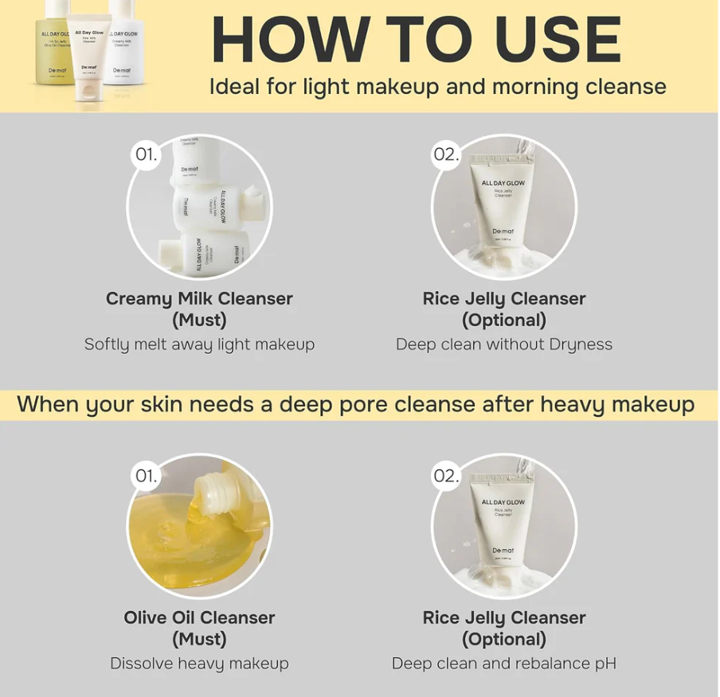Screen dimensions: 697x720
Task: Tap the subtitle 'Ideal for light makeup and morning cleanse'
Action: [x=437, y=86]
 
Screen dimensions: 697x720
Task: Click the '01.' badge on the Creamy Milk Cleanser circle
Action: [x=146, y=154]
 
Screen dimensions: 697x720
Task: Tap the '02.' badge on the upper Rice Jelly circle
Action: [x=447, y=154]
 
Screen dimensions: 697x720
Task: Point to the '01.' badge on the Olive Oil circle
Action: [x=146, y=476]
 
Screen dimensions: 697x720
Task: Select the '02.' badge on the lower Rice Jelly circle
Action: [x=447, y=476]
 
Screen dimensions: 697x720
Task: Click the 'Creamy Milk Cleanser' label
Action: [x=199, y=299]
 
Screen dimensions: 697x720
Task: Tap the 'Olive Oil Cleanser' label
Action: [x=199, y=618]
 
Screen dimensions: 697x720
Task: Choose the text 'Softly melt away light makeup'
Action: [x=199, y=345]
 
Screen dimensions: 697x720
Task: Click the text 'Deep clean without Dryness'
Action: [x=503, y=345]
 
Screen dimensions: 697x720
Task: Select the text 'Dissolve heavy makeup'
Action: [x=199, y=664]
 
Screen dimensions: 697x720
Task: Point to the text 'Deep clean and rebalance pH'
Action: [x=503, y=664]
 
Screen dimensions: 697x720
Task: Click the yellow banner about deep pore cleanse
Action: [x=358, y=404]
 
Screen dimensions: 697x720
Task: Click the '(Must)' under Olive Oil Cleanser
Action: [x=199, y=639]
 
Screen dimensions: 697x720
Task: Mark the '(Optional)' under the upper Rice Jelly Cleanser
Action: [x=503, y=320]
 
